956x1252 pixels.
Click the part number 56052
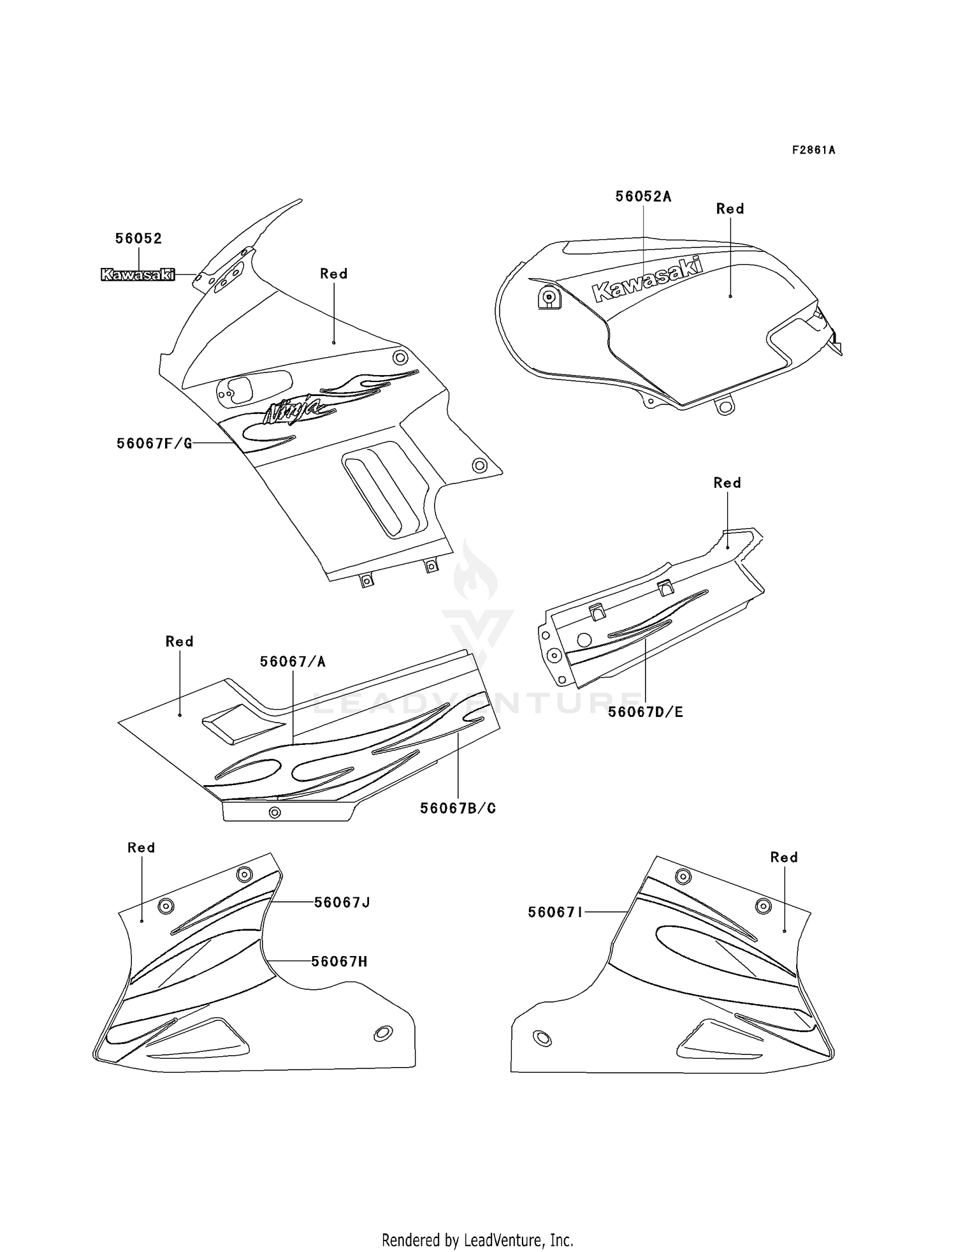(x=138, y=239)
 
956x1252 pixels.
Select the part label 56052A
(x=643, y=196)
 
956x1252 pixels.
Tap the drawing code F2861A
(x=813, y=151)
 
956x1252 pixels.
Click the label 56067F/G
(x=154, y=443)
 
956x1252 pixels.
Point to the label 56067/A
(x=293, y=662)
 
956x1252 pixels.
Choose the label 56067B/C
(x=458, y=809)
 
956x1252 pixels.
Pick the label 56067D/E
(x=645, y=712)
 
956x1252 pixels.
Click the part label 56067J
(x=342, y=902)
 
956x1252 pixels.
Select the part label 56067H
(x=339, y=961)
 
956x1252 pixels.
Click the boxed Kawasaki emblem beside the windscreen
(x=138, y=275)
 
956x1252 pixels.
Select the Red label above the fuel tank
(x=730, y=209)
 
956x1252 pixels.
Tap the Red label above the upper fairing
(x=333, y=274)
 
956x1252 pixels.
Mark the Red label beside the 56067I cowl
(x=784, y=857)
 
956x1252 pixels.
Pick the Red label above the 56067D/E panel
(x=727, y=483)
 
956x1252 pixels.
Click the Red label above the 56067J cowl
(x=141, y=848)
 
